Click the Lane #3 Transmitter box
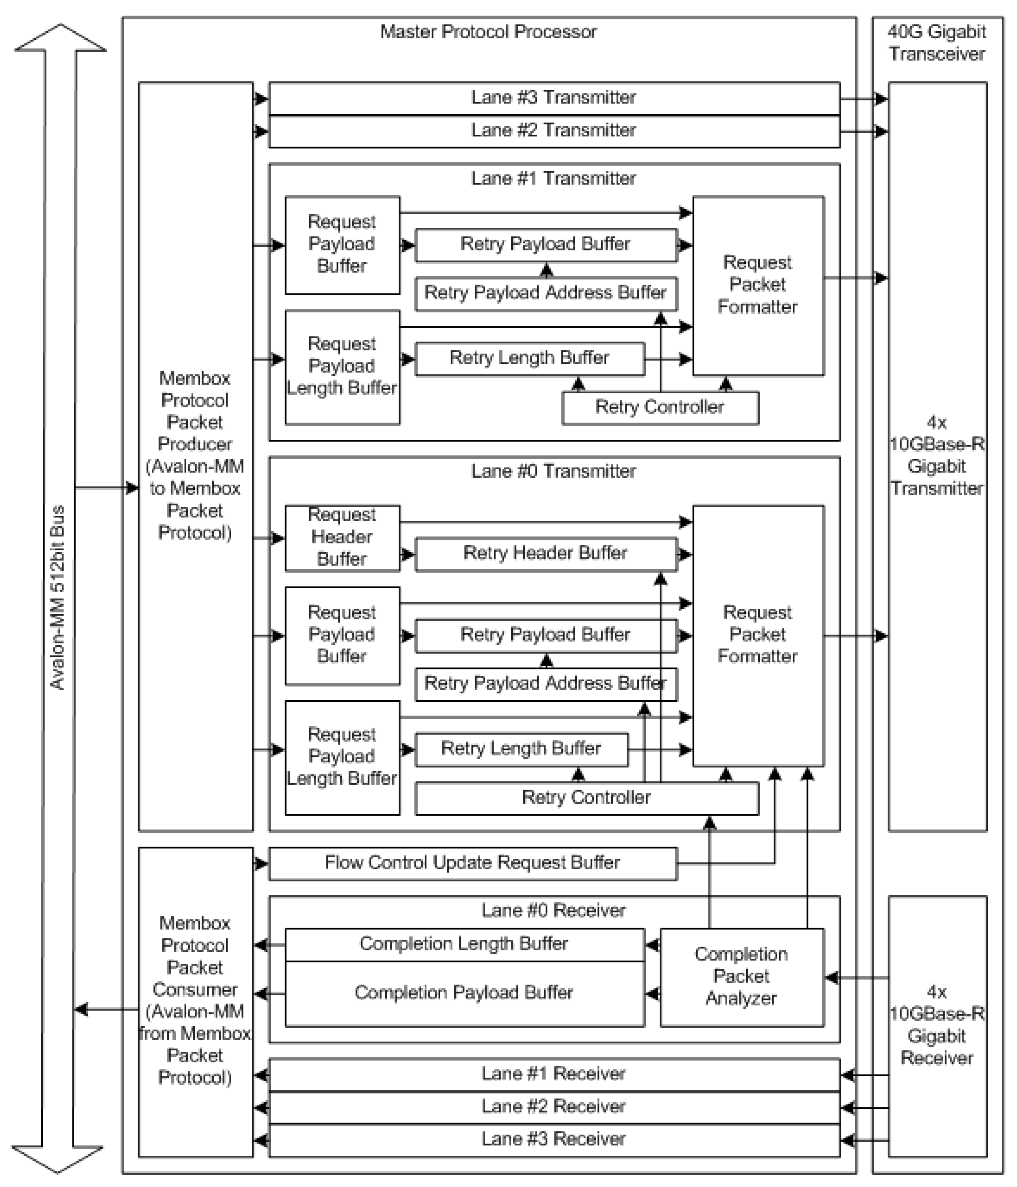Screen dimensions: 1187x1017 point(554,98)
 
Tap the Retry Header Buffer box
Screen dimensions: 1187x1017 point(545,553)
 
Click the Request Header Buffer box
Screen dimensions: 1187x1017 point(342,537)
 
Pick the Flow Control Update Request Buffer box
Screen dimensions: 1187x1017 point(472,863)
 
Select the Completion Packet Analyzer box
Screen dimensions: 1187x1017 point(741,977)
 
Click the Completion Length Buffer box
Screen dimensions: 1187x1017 point(464,944)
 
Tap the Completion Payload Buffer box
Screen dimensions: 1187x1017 point(464,993)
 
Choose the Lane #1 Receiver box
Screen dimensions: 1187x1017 point(554,1074)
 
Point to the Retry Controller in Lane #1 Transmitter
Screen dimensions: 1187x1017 point(660,407)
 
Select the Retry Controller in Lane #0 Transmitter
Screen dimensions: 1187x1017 point(586,798)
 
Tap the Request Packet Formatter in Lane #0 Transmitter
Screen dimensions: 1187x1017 point(757,635)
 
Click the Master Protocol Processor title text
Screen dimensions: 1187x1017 point(489,32)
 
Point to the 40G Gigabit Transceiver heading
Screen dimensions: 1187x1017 point(937,42)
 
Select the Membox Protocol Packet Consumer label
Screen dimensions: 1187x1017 point(195,1001)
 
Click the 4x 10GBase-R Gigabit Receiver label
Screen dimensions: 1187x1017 point(937,1026)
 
